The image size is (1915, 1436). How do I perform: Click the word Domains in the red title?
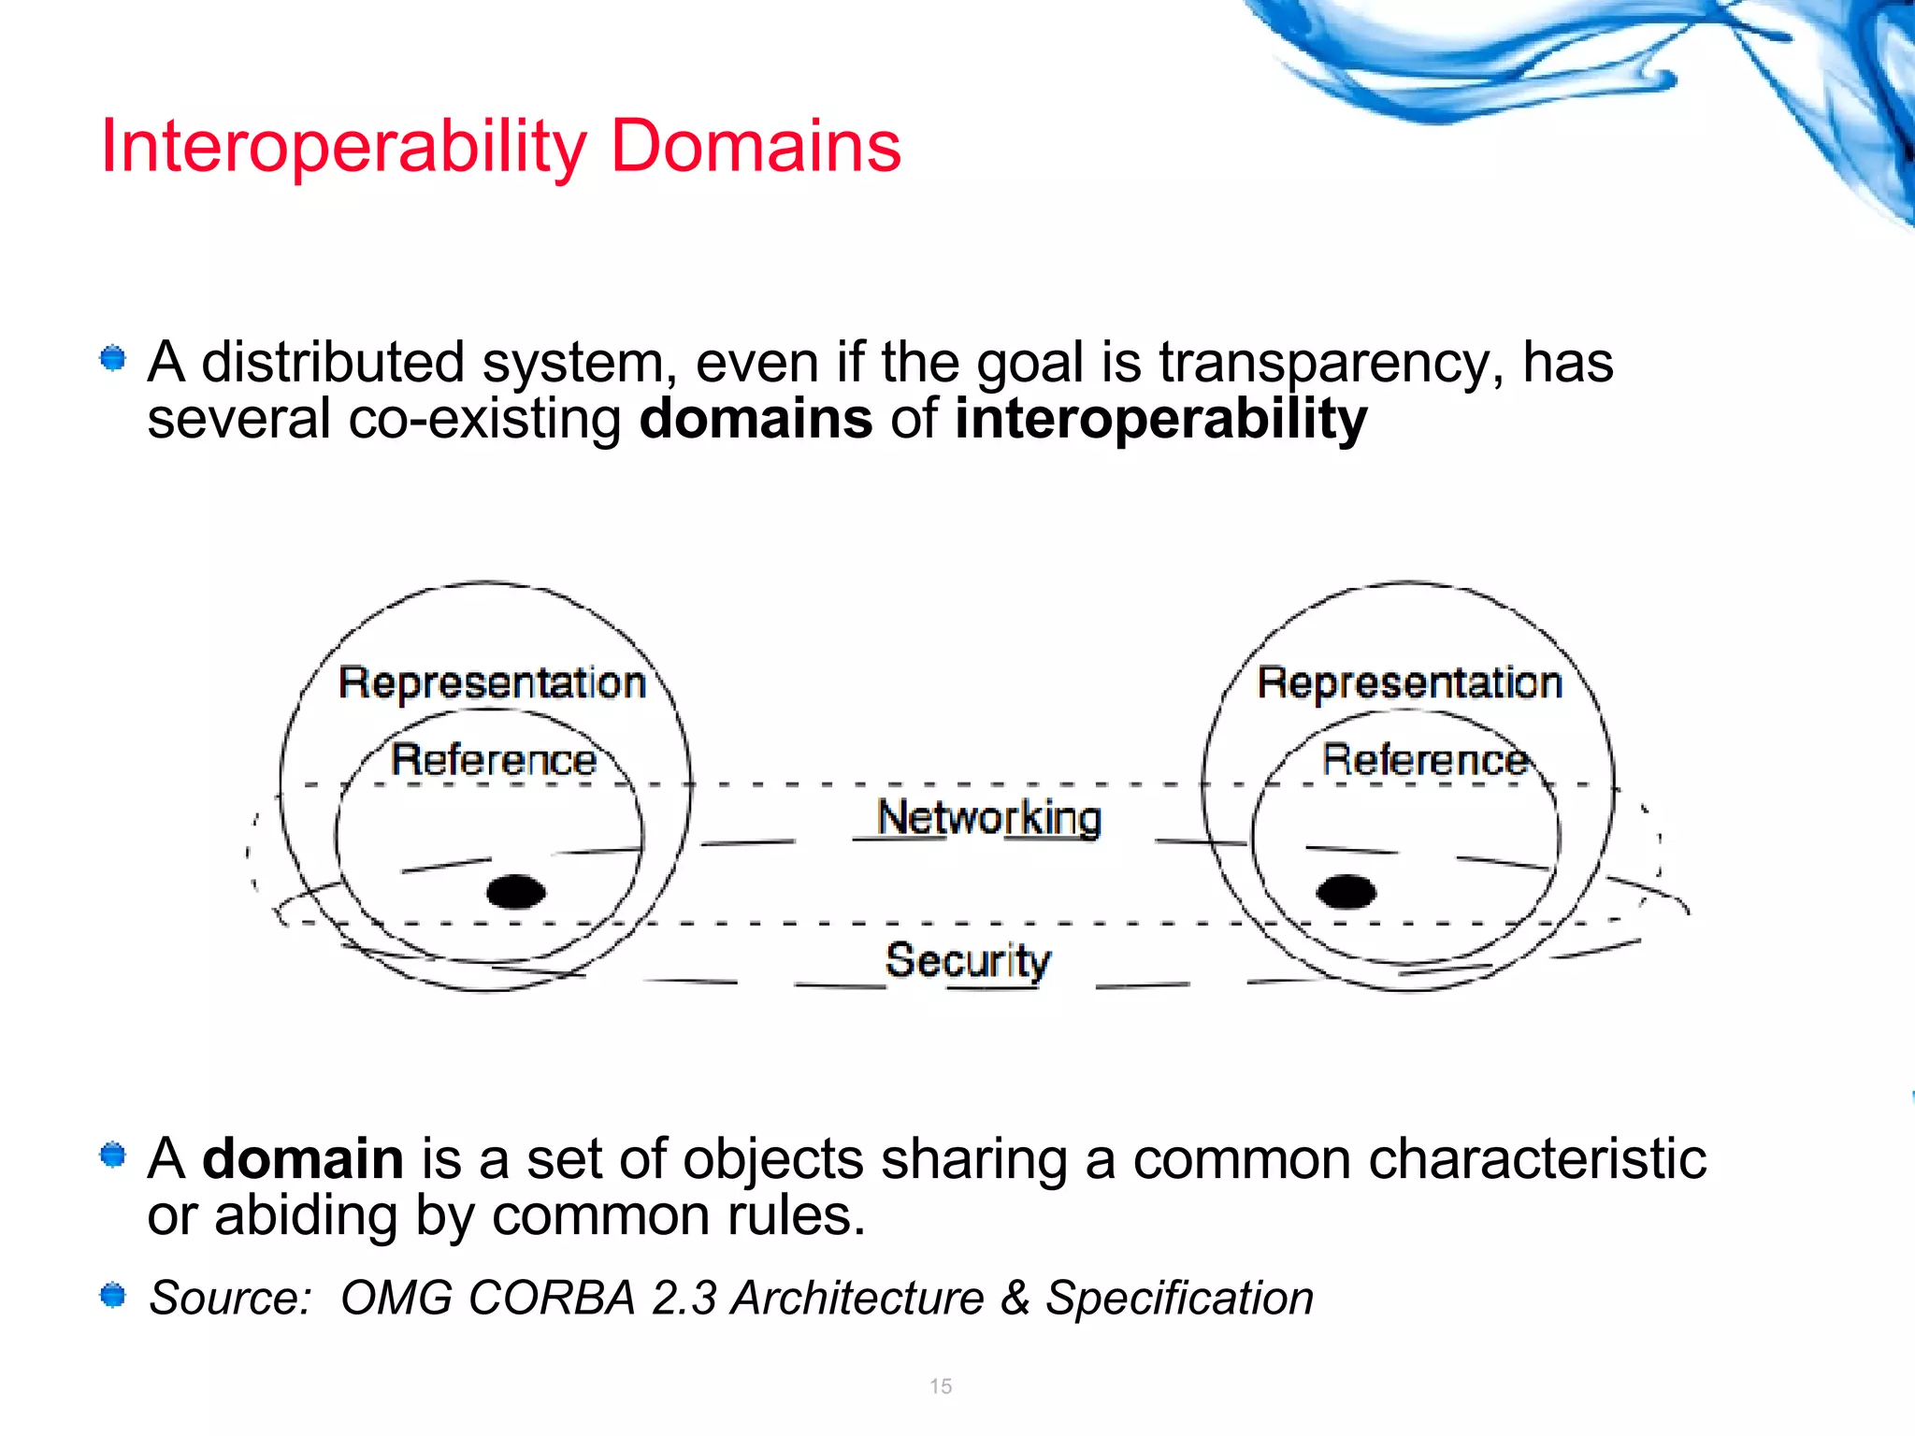[x=756, y=148]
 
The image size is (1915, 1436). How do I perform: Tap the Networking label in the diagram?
[x=989, y=818]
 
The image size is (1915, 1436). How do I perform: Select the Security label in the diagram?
[x=968, y=960]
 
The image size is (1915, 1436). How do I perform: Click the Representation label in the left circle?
[x=492, y=683]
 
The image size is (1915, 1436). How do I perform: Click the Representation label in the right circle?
[x=1409, y=683]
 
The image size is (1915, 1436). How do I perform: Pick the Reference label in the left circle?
[x=493, y=759]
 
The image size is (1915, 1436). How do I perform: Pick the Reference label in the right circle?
[x=1425, y=759]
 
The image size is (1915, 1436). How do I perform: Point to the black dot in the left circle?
[x=516, y=891]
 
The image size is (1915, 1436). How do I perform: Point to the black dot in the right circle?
[x=1346, y=891]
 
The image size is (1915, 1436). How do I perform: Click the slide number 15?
[x=941, y=1386]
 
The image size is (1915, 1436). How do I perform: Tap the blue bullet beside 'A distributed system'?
[x=113, y=358]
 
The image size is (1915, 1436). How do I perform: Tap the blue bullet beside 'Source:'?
[x=113, y=1296]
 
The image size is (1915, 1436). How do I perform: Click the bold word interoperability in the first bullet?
[x=1160, y=420]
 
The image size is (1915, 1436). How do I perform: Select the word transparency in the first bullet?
[x=1332, y=364]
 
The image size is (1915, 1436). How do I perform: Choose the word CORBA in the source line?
[x=553, y=1298]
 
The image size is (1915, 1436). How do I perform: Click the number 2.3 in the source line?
[x=684, y=1298]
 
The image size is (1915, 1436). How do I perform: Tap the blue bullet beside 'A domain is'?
[x=113, y=1156]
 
